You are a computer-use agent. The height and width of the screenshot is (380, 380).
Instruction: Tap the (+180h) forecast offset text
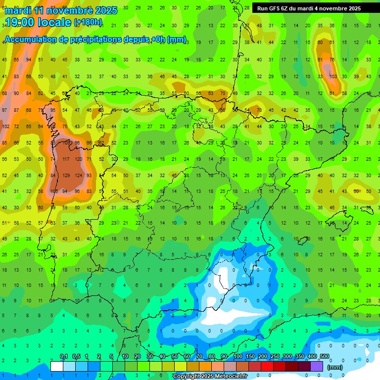[88, 22]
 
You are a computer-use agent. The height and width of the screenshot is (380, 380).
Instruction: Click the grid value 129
[65, 175]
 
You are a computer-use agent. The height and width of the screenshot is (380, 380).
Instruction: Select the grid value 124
[78, 175]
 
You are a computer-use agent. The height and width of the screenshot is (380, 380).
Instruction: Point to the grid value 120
[78, 159]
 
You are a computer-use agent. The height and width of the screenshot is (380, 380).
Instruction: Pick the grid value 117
[65, 159]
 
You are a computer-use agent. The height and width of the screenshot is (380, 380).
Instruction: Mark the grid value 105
[53, 191]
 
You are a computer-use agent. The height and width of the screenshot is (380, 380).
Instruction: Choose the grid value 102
[6, 127]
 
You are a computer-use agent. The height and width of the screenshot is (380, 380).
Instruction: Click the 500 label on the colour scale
[325, 357]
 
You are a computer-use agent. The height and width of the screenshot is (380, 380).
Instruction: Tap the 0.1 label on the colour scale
[64, 357]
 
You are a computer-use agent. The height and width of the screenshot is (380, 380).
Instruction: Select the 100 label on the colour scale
[238, 357]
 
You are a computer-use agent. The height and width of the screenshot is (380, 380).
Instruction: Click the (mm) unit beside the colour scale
[335, 367]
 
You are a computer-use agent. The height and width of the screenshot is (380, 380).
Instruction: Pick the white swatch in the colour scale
[57, 366]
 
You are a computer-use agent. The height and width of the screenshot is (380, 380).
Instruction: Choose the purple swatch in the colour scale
[317, 366]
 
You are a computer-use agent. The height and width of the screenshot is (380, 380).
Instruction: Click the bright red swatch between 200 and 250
[267, 366]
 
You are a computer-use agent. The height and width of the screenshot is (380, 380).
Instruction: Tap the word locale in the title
[55, 22]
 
